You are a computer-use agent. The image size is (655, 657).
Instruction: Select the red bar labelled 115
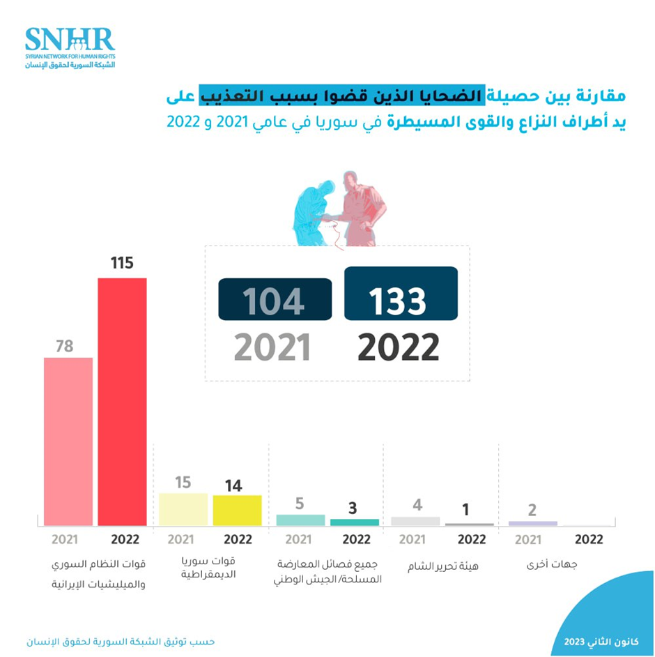(x=122, y=401)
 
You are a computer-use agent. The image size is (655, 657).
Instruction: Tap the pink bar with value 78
(x=68, y=441)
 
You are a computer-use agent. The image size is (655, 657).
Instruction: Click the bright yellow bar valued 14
(x=237, y=510)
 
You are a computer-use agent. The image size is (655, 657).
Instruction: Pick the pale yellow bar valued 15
(x=183, y=509)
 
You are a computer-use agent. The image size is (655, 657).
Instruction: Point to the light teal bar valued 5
(x=300, y=520)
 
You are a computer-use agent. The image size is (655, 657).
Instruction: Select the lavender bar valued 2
(x=533, y=523)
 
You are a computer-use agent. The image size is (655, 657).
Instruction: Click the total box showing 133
(x=401, y=294)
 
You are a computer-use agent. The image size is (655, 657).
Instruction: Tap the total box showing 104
(x=275, y=299)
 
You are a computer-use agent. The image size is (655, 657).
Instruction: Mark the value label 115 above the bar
(x=122, y=264)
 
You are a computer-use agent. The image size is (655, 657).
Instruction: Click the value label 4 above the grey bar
(x=416, y=503)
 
